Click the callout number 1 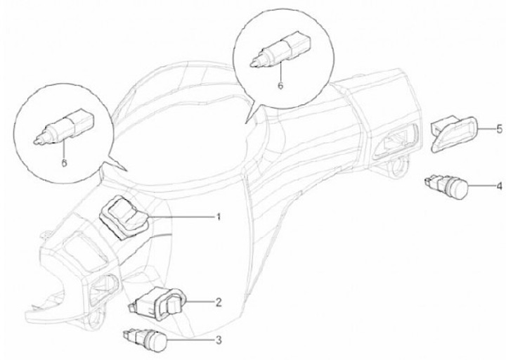[219, 217]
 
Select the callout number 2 [219, 302]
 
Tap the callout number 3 [219, 340]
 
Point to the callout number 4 [499, 186]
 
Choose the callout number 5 [499, 129]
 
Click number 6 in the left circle [64, 162]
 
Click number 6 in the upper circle [280, 85]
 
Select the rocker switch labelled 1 [124, 218]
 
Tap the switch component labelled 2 [157, 304]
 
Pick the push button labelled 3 [146, 340]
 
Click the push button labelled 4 [447, 186]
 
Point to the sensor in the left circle [65, 126]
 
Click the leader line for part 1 [181, 217]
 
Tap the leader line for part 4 [481, 186]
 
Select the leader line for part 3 [190, 340]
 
